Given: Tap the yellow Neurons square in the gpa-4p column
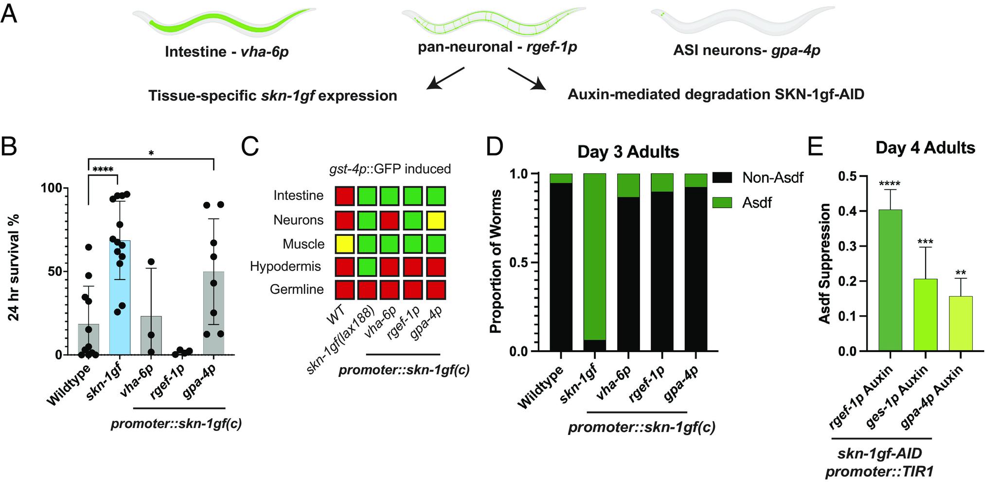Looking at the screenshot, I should coord(436,220).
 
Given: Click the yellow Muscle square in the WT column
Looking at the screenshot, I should coord(344,244).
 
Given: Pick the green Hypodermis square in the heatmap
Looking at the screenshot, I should coord(367,267).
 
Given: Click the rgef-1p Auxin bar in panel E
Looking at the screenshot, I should coord(890,280).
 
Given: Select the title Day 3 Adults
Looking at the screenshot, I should coord(628,152).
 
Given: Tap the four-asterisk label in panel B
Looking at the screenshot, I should coord(103,170).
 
